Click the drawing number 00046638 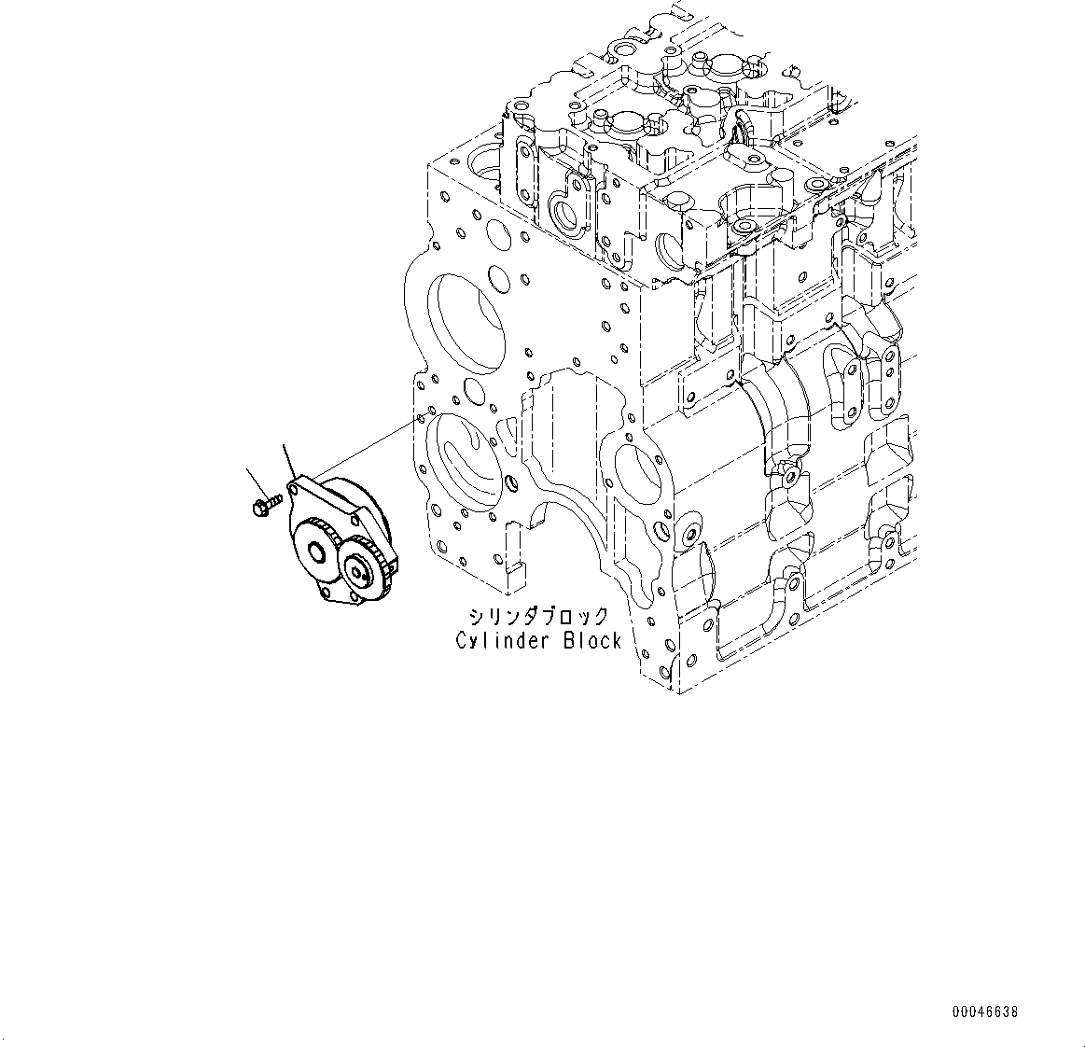tap(985, 1012)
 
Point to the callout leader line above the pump tap(289, 462)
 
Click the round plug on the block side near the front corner tap(689, 533)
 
